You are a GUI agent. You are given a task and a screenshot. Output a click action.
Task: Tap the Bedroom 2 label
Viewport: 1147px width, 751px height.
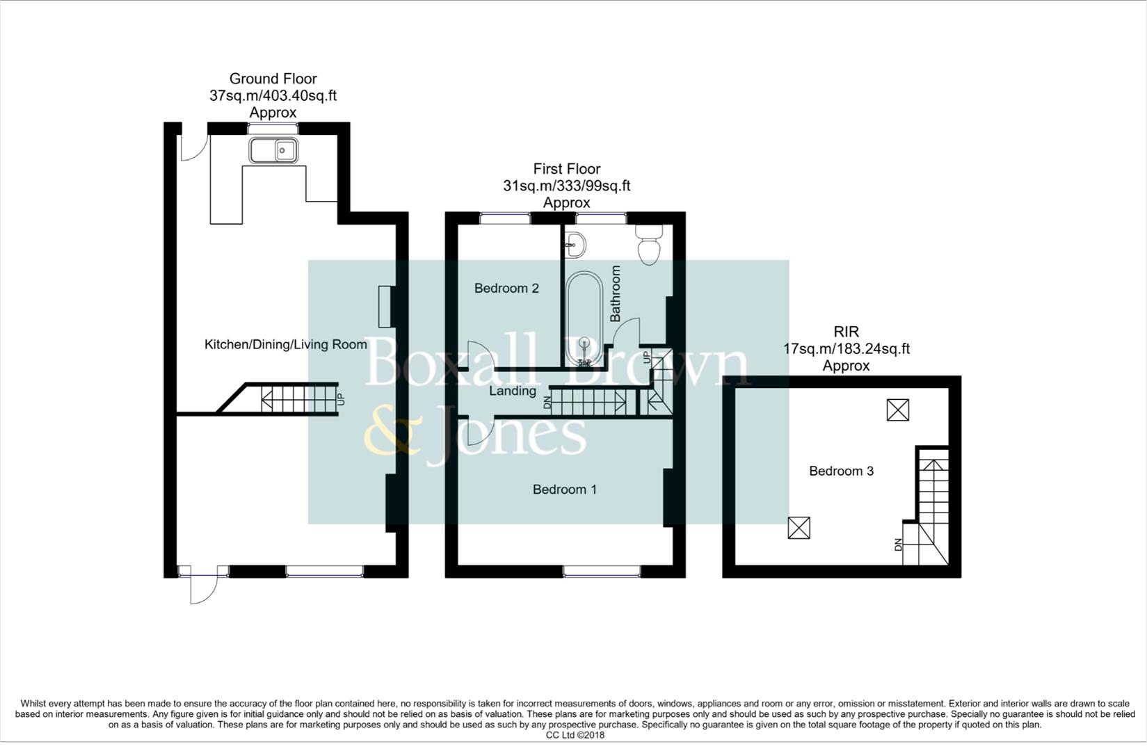click(x=506, y=288)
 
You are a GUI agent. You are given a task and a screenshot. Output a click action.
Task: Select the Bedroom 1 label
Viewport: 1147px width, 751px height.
click(x=564, y=490)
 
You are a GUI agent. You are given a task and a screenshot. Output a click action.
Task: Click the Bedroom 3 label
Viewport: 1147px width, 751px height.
click(x=841, y=471)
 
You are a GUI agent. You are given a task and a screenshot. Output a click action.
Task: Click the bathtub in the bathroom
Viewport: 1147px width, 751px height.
click(x=584, y=318)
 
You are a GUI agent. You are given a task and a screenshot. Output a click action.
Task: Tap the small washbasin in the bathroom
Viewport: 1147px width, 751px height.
click(x=575, y=244)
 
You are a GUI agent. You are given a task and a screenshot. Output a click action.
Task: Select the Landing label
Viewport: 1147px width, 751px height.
click(x=512, y=391)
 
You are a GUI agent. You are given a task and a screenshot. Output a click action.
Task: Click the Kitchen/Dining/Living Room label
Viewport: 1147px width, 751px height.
click(x=285, y=344)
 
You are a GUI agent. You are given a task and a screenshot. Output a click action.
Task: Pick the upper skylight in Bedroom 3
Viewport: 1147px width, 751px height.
click(x=898, y=410)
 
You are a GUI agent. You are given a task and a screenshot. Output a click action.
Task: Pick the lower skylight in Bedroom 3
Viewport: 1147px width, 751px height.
click(x=799, y=528)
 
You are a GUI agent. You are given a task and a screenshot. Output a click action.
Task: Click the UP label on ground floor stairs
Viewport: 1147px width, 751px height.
click(x=341, y=400)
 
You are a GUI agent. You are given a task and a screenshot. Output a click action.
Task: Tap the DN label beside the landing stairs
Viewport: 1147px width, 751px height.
click(x=547, y=402)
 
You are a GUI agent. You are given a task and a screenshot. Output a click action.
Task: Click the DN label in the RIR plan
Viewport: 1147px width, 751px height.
click(x=898, y=545)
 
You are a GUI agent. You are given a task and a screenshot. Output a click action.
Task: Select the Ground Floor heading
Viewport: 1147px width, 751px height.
click(x=273, y=79)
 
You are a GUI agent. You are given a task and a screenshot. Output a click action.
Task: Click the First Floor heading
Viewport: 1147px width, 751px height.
click(x=566, y=168)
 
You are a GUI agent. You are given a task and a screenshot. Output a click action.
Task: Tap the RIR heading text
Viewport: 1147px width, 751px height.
click(x=846, y=332)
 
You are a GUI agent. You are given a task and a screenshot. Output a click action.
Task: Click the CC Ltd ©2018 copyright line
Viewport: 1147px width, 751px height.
click(x=575, y=735)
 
